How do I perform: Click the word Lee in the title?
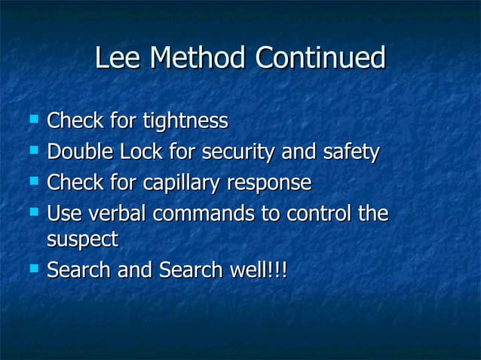point(118,58)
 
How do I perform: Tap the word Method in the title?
point(198,58)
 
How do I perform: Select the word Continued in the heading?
point(320,58)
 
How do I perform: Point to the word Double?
point(80,152)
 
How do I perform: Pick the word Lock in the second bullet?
point(141,152)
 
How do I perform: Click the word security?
point(234,152)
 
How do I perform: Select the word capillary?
point(186,183)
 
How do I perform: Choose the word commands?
point(204,214)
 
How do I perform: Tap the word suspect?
point(82,240)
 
